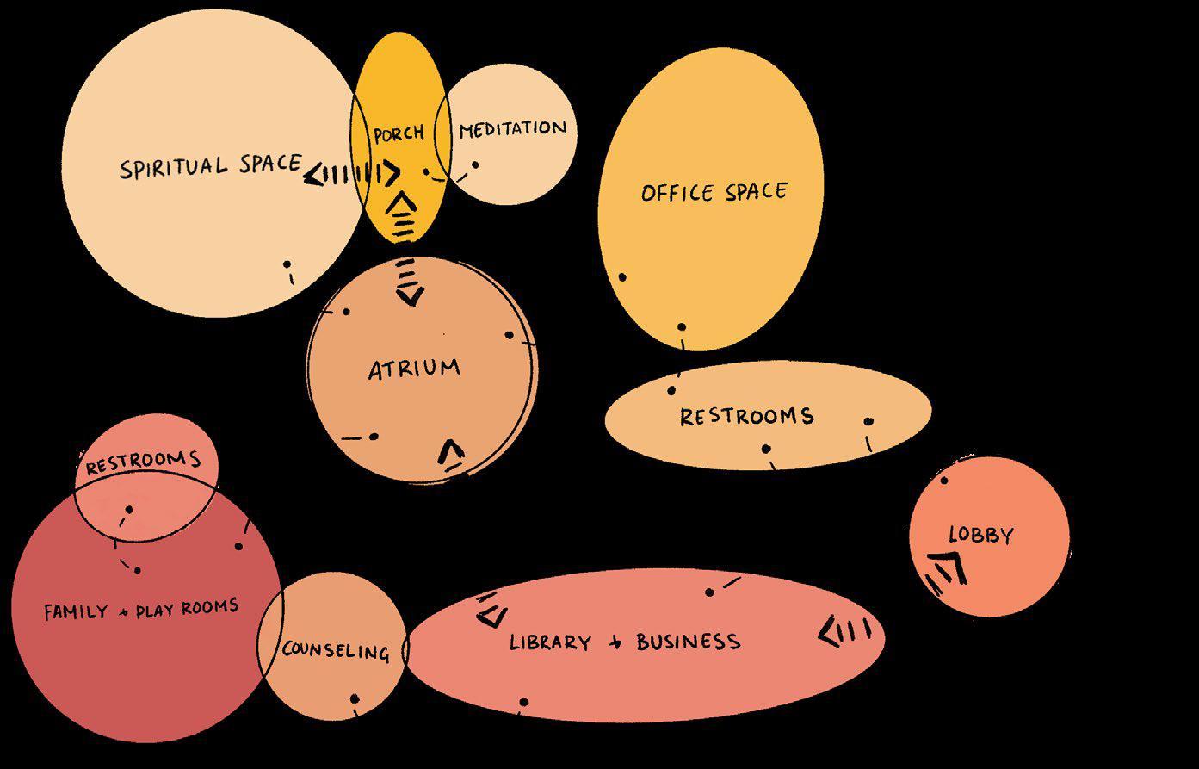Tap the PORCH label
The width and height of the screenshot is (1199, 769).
399,133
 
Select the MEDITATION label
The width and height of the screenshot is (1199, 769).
512,130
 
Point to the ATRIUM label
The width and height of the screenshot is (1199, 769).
414,369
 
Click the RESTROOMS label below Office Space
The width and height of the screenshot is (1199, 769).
746,417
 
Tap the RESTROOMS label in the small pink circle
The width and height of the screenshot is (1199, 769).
143,462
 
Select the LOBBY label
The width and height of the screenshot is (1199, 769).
980,535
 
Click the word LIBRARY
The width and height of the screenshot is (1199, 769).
550,642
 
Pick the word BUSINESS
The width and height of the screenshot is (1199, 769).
688,642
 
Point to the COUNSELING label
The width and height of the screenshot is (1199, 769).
336,650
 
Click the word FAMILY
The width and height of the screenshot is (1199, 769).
76,612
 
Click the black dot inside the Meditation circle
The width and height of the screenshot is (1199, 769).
475,164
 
